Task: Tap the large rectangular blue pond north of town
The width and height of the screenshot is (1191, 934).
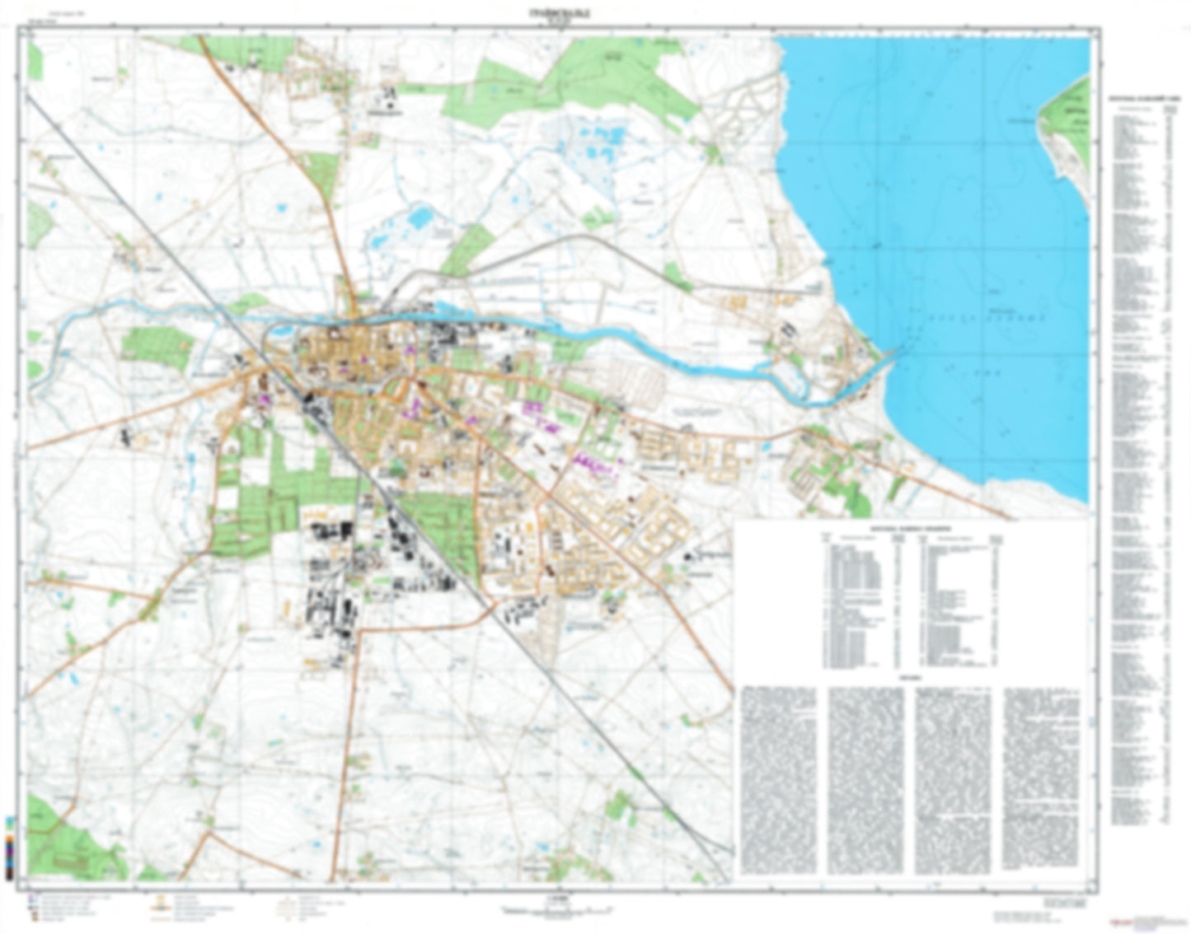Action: (x=420, y=217)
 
